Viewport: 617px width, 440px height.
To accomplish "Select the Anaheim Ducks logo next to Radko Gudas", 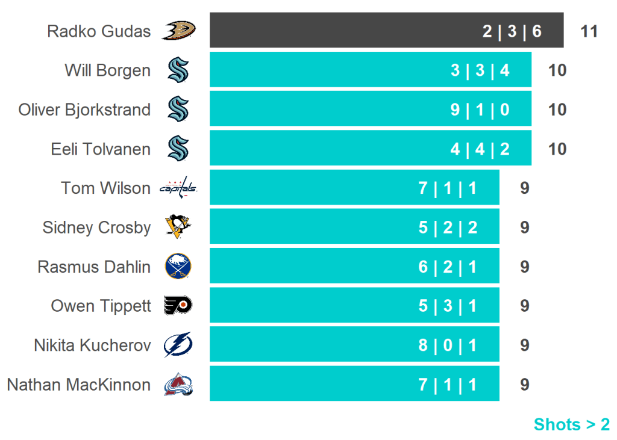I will (x=178, y=30).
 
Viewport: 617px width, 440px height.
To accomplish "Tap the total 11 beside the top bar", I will (x=589, y=31).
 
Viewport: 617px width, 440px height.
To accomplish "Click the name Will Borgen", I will (x=108, y=70).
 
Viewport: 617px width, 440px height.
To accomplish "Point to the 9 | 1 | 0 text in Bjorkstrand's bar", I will (x=480, y=110).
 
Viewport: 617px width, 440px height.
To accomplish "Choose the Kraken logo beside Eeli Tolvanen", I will (x=178, y=149).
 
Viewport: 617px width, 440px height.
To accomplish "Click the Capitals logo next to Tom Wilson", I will (x=178, y=188).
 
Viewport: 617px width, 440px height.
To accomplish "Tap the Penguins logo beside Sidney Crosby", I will (x=178, y=227).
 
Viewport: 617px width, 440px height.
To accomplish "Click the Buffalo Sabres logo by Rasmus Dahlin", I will (x=178, y=266).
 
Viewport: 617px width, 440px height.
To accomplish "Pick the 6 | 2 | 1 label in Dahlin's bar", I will (x=447, y=267).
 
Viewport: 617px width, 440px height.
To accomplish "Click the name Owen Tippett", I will (x=101, y=306).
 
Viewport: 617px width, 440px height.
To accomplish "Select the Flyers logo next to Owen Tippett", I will (x=178, y=306).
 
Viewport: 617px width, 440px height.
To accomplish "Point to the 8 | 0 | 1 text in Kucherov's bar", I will (x=447, y=345).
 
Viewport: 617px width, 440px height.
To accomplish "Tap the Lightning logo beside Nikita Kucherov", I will (x=178, y=345).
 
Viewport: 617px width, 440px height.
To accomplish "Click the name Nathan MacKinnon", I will (x=78, y=384).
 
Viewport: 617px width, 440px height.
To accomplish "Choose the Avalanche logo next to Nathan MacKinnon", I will (x=178, y=384).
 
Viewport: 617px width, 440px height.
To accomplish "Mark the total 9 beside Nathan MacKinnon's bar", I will (x=524, y=384).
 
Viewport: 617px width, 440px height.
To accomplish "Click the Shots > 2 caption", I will (x=571, y=424).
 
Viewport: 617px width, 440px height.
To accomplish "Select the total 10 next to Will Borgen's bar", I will (x=557, y=70).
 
